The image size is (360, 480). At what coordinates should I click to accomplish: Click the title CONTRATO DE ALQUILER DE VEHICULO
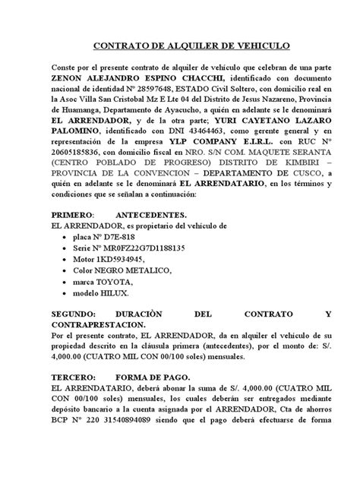[180, 46]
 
